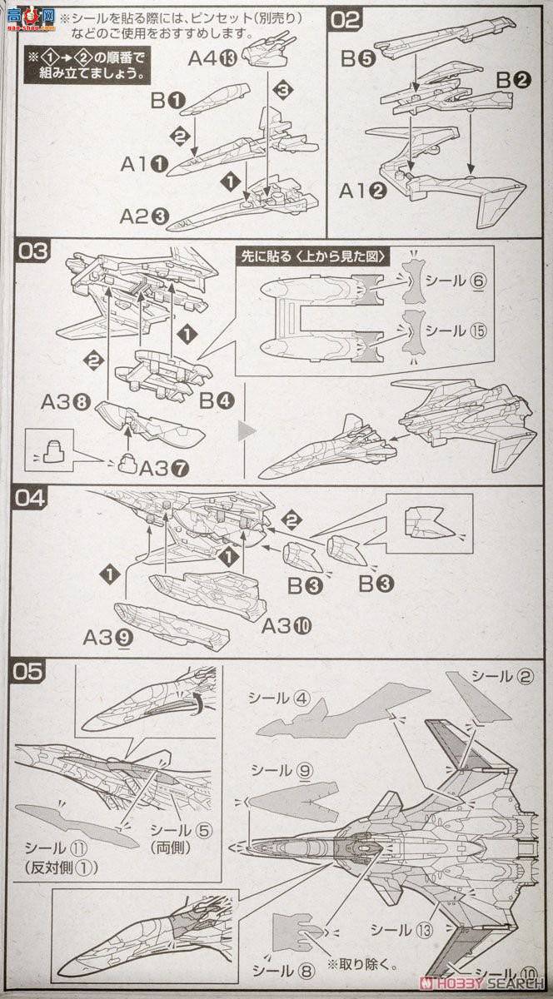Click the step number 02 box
(x=345, y=19)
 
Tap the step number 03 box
(x=33, y=251)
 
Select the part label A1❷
(x=362, y=191)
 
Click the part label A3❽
(x=65, y=401)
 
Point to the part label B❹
(x=217, y=400)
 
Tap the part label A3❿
(x=287, y=625)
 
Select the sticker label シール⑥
(x=456, y=281)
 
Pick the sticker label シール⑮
(x=456, y=331)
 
